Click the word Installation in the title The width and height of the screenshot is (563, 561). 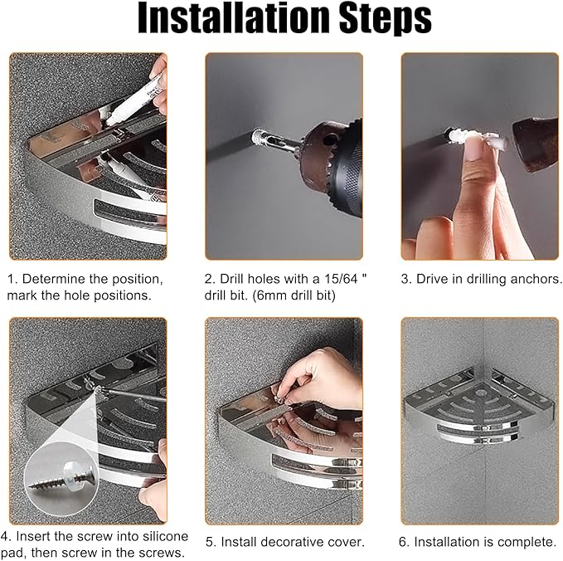click(x=233, y=17)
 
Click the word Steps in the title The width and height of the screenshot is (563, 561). click(x=386, y=19)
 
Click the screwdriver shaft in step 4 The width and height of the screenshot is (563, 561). click(x=134, y=394)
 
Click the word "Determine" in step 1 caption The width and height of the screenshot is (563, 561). click(x=53, y=279)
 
